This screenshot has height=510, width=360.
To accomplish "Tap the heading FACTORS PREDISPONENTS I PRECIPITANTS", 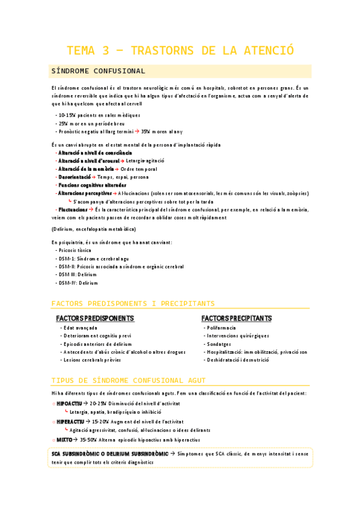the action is tap(133, 303).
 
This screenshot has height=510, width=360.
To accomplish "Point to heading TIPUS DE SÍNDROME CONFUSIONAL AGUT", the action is tap(129, 381).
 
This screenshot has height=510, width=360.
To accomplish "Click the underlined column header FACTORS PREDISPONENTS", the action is tap(95, 318).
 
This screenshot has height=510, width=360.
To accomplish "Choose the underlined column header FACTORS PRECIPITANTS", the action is tap(236, 318).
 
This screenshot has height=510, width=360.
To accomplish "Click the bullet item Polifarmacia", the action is tap(221, 328).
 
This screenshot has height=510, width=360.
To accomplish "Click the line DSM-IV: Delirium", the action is tap(78, 283).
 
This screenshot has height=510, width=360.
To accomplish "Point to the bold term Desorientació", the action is tap(74, 177).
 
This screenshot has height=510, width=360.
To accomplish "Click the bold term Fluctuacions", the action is tap(73, 210).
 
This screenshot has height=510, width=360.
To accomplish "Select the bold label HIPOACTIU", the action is tap(69, 403).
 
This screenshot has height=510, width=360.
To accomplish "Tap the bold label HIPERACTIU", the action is tap(70, 422).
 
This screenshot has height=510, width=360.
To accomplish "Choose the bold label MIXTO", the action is tap(65, 440).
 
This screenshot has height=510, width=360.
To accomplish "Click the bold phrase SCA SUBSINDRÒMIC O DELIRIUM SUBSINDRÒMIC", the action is tap(112, 454).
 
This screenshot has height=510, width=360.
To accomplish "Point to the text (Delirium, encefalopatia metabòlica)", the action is tap(93, 229).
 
